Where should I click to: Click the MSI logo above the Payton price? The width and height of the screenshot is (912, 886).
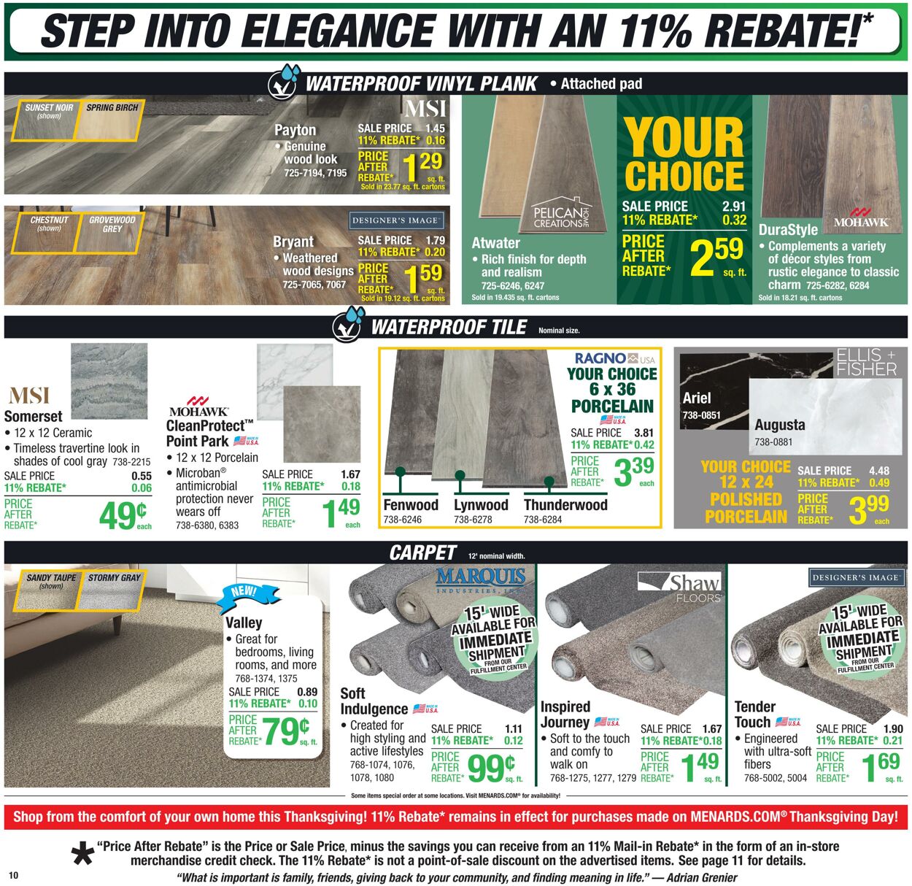pyautogui.click(x=425, y=109)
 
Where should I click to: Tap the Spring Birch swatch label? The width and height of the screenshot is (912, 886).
pyautogui.click(x=112, y=108)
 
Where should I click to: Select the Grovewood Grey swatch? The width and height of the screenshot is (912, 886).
pyautogui.click(x=112, y=224)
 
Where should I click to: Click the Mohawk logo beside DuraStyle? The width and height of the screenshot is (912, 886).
pyautogui.click(x=861, y=217)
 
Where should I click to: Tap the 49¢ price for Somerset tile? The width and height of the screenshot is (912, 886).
pyautogui.click(x=122, y=515)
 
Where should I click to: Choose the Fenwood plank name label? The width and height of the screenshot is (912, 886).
pyautogui.click(x=411, y=505)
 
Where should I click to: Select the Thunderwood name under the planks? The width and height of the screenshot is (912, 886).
pyautogui.click(x=565, y=505)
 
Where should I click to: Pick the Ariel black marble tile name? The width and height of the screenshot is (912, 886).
pyautogui.click(x=696, y=398)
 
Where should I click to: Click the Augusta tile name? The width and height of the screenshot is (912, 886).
pyautogui.click(x=780, y=425)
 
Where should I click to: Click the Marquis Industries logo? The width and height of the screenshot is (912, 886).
pyautogui.click(x=480, y=579)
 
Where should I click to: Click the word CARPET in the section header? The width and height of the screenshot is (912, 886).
pyautogui.click(x=422, y=553)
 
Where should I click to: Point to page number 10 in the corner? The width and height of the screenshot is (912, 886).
pyautogui.click(x=13, y=875)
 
